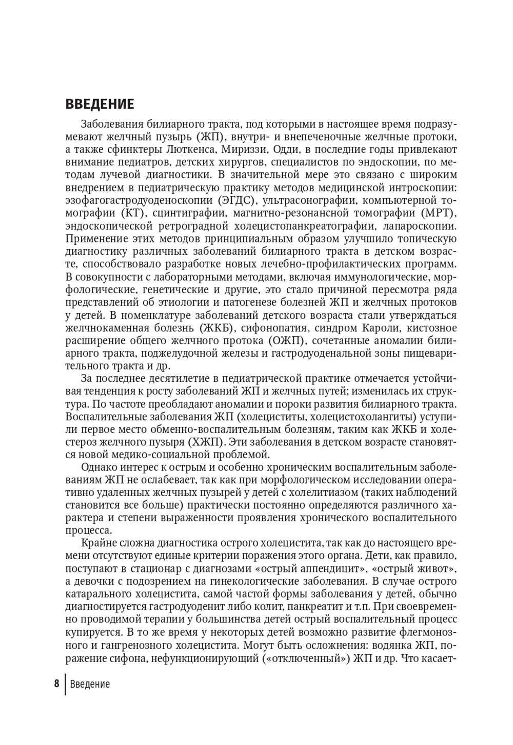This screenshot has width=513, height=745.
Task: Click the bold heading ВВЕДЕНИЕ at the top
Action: coord(100,104)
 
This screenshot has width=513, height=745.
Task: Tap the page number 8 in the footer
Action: coord(56,684)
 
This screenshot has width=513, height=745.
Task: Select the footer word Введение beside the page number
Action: coord(90,684)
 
